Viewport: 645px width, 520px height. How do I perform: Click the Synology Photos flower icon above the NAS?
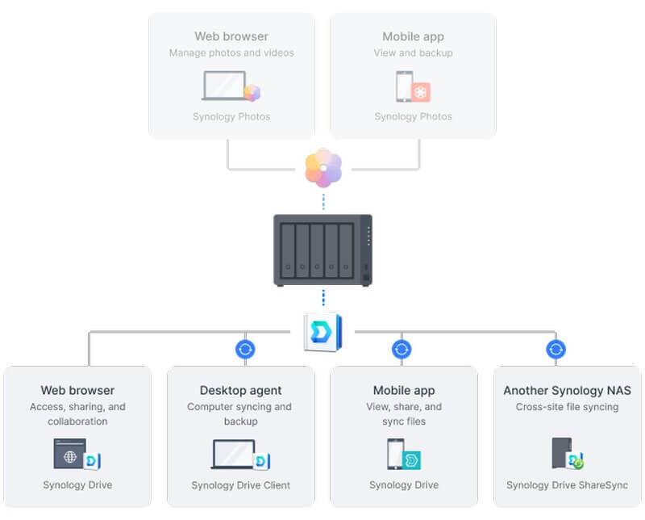point(322,168)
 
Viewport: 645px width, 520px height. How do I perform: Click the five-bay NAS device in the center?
point(322,250)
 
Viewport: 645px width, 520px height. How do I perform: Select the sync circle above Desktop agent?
point(245,349)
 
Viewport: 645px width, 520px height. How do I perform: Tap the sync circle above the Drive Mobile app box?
point(402,349)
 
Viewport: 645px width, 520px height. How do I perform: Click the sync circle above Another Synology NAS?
point(556,349)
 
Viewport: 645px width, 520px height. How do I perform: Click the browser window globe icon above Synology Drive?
point(69,455)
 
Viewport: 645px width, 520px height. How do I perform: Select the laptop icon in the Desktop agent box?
point(233,455)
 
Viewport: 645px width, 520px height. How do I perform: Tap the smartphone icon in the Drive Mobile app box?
point(395,455)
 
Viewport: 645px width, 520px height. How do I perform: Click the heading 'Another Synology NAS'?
point(567,391)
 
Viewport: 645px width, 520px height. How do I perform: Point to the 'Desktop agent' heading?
point(239,391)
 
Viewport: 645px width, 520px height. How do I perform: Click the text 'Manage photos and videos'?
point(231,53)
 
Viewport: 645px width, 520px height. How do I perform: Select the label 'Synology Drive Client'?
point(240,485)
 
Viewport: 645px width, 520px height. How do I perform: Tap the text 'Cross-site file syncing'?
point(567,407)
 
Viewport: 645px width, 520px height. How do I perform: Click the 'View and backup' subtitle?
point(413,53)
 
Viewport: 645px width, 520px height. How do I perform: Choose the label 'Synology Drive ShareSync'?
point(567,485)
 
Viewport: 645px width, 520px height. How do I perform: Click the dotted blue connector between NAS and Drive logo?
point(322,298)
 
